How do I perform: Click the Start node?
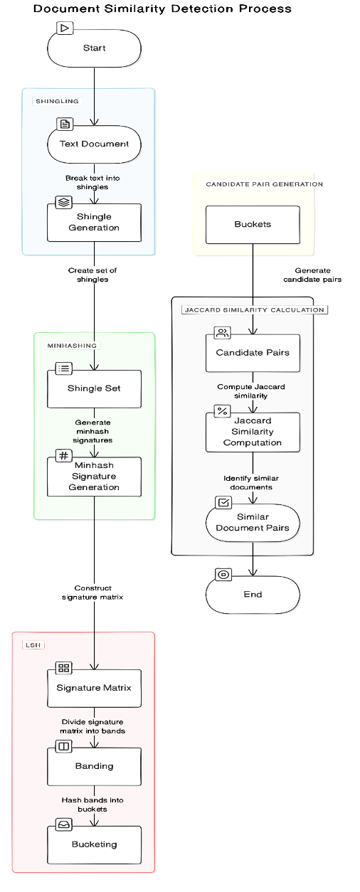click(94, 48)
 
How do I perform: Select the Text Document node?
click(94, 144)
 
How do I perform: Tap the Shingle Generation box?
click(94, 223)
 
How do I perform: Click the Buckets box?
click(253, 225)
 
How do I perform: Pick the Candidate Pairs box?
click(253, 353)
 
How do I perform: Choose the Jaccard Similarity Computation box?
click(253, 432)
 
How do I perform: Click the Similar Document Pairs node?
click(253, 522)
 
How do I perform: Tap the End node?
click(253, 595)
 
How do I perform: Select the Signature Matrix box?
click(94, 688)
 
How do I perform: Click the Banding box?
click(94, 767)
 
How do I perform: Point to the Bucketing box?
click(94, 844)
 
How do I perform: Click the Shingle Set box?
click(94, 388)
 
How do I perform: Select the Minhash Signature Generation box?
click(94, 477)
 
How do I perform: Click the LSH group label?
click(33, 645)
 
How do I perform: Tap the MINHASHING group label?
click(72, 346)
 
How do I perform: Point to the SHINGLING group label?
click(58, 101)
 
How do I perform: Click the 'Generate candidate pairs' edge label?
click(312, 275)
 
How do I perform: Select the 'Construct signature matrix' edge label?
click(92, 592)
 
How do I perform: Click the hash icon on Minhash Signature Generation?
click(64, 455)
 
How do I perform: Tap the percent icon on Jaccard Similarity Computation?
click(222, 410)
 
